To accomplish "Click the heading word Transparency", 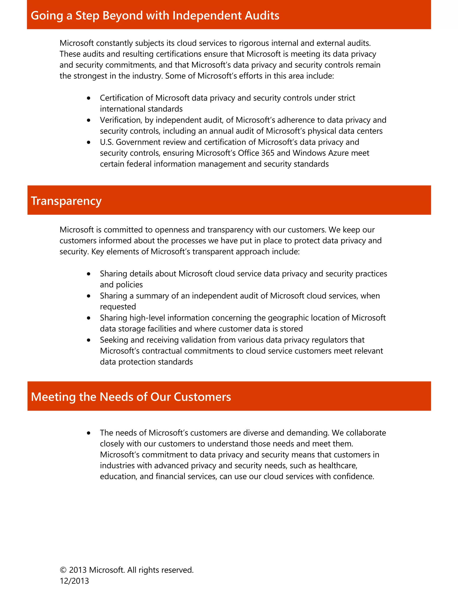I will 66,201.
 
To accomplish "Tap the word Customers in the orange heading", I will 202,397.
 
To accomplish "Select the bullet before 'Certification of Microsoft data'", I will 89,98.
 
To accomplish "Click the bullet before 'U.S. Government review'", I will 89,142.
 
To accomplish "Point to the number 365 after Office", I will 268,153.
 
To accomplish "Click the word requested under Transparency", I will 118,307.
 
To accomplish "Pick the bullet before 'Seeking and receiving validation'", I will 89,340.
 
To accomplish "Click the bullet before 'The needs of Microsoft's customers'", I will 89,433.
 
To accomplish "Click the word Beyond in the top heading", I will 122,15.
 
